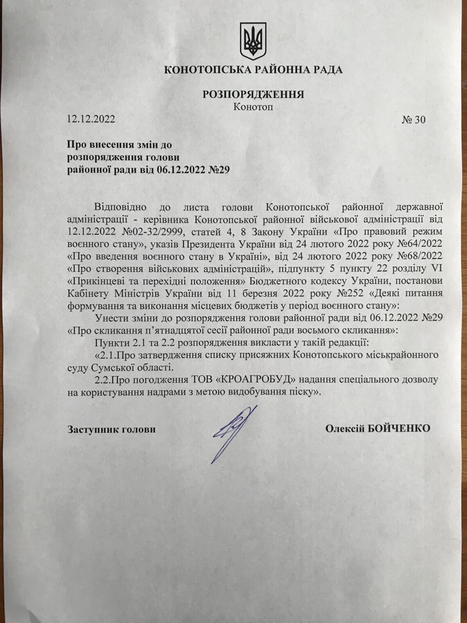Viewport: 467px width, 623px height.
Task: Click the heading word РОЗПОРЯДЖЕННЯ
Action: click(253, 94)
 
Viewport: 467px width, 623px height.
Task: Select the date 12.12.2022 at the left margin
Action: click(91, 120)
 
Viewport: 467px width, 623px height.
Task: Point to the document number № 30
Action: click(414, 120)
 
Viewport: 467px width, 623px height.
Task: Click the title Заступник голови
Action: click(111, 430)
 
